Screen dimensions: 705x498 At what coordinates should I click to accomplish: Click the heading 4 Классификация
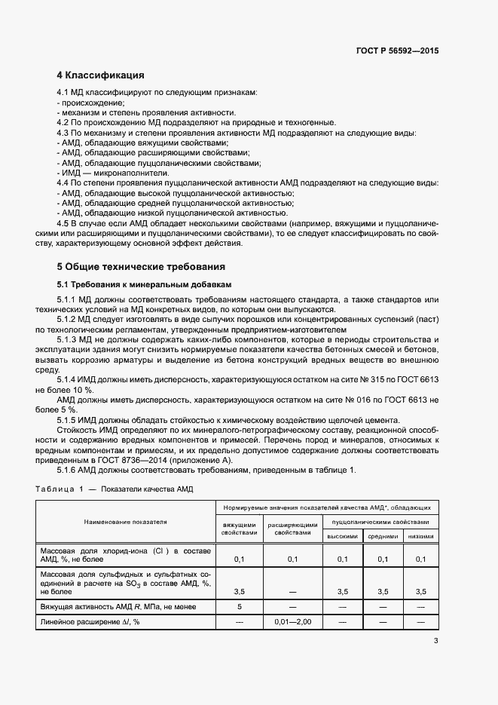100,75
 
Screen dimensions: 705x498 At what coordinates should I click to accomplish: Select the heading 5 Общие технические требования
141,267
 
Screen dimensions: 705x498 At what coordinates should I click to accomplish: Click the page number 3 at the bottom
435,641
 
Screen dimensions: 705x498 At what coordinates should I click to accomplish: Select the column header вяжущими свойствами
239,528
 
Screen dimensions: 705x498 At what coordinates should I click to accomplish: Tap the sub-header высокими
342,536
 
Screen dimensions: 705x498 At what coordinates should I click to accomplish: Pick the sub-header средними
382,536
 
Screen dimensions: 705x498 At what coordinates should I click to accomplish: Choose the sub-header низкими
420,536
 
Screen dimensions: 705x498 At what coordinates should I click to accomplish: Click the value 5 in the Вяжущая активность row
239,606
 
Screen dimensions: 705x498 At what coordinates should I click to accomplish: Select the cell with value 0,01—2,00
292,621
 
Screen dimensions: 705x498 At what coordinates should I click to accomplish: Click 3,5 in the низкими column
420,592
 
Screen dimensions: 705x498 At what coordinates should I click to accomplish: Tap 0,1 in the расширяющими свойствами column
292,559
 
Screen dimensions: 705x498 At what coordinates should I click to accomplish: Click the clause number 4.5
64,224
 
